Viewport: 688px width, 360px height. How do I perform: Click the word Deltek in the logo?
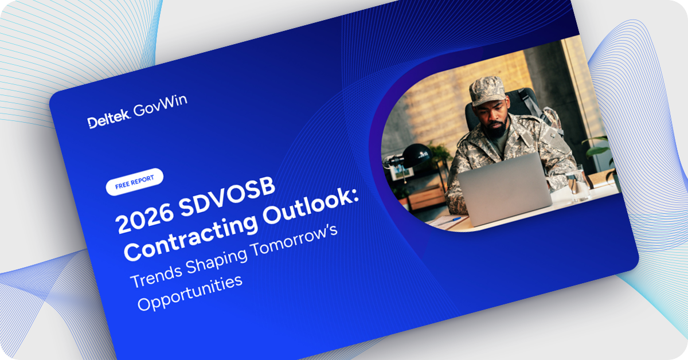click(109, 118)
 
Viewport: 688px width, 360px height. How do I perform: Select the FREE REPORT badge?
click(135, 182)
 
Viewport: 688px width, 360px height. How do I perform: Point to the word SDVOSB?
click(226, 195)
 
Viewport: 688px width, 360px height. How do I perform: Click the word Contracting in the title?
click(191, 237)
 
